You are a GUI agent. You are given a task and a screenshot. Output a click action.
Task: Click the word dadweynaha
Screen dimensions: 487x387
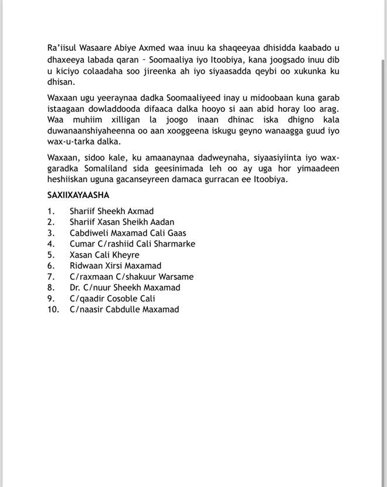coord(185,158)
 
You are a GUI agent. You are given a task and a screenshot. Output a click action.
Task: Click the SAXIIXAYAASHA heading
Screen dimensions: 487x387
coord(78,196)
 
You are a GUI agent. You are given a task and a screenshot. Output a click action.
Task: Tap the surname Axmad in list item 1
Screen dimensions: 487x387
coord(141,211)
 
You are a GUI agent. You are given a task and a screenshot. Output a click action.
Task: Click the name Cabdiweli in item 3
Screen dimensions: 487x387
coord(89,233)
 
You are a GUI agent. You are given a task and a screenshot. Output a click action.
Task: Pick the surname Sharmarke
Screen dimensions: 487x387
coord(174,243)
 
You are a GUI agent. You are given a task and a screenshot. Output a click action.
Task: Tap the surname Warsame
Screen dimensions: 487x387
coord(175,276)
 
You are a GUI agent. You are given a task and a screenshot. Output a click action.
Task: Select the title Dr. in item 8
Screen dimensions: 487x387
coord(75,287)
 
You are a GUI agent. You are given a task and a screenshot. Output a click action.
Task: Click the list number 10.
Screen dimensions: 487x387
coord(53,309)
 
